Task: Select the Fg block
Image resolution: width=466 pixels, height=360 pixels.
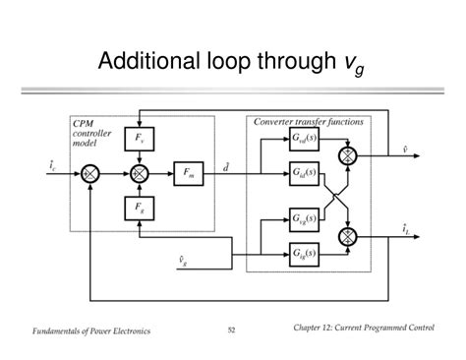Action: point(139,208)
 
